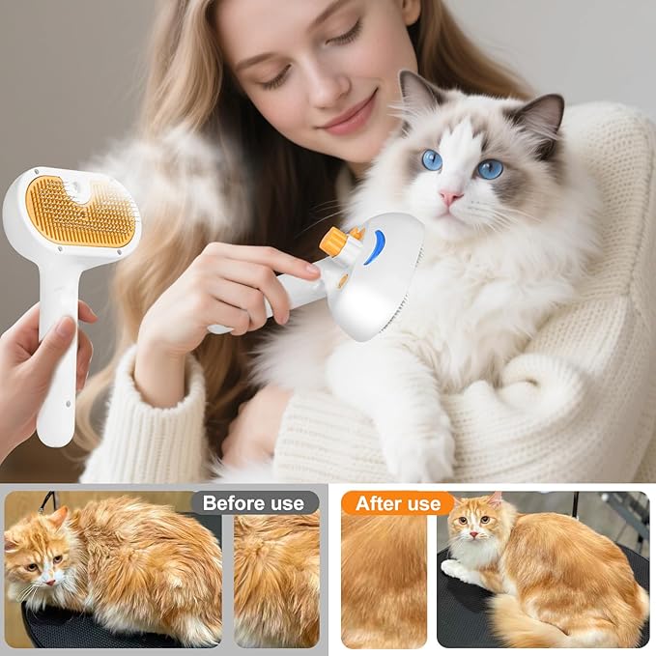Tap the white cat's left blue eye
coord(431,159)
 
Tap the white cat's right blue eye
coord(490,169)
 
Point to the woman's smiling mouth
coord(347,124)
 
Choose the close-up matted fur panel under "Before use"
coord(276,580)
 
